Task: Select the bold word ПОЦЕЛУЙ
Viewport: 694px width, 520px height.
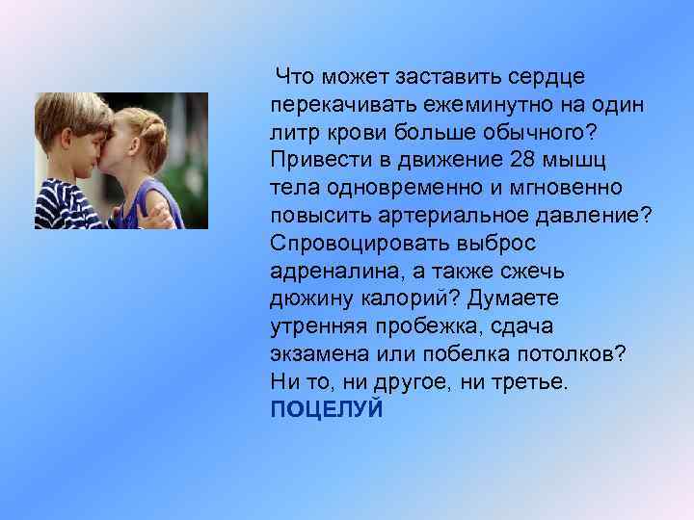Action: click(327, 410)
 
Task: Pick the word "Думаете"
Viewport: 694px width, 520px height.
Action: click(517, 299)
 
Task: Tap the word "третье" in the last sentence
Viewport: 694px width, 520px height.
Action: click(529, 382)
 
